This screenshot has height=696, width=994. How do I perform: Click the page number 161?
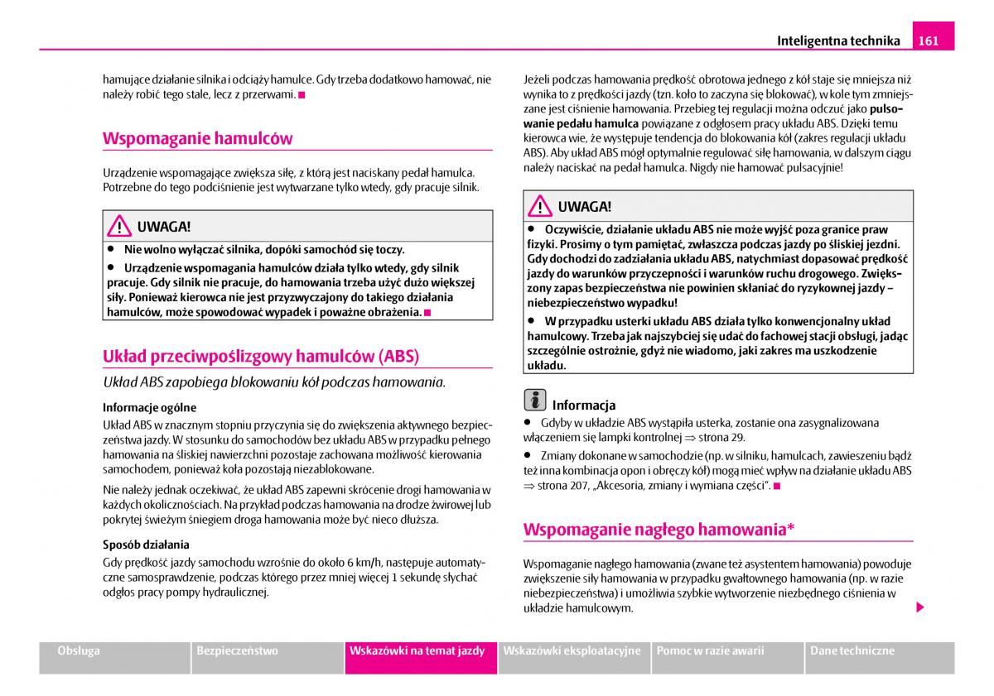(x=929, y=40)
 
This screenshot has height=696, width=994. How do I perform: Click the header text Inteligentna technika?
(x=838, y=40)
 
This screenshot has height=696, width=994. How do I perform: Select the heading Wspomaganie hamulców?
(x=197, y=138)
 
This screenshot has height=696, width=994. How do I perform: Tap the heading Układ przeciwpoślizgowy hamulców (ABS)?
(x=261, y=357)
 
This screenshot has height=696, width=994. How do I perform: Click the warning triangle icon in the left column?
(x=119, y=226)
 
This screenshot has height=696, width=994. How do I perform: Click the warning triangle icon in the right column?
(x=540, y=207)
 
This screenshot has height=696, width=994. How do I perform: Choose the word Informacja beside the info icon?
(x=584, y=406)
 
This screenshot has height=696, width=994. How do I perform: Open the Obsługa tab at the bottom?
(x=79, y=650)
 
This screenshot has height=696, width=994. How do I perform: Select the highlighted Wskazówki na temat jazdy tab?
(x=417, y=650)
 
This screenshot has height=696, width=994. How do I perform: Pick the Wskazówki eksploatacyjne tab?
(x=572, y=650)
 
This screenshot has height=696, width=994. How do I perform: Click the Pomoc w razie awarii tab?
(x=710, y=650)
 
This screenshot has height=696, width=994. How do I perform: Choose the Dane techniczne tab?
(x=852, y=650)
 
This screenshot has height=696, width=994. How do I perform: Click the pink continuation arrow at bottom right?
(x=919, y=607)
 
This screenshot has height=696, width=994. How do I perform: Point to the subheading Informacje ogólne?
(x=149, y=407)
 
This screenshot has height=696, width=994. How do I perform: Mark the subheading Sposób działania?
(x=146, y=545)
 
